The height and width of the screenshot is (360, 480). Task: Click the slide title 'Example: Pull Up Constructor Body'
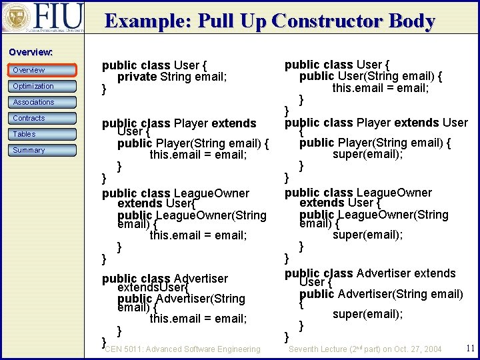pos(270,21)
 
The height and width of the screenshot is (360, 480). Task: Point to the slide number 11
pos(470,348)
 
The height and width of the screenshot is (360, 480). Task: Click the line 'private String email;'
pos(172,77)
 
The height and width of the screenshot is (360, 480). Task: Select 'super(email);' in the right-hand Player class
pos(368,155)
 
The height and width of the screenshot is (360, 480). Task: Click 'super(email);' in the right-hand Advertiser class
pos(368,314)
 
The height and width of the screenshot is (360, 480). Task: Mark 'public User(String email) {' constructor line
pos(371,76)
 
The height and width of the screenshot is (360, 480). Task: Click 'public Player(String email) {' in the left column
pos(193,143)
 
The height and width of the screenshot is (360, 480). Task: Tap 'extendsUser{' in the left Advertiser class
pos(153,287)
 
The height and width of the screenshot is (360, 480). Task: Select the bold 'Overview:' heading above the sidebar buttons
pos(31,52)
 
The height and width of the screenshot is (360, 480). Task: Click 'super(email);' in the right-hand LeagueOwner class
pos(368,234)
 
